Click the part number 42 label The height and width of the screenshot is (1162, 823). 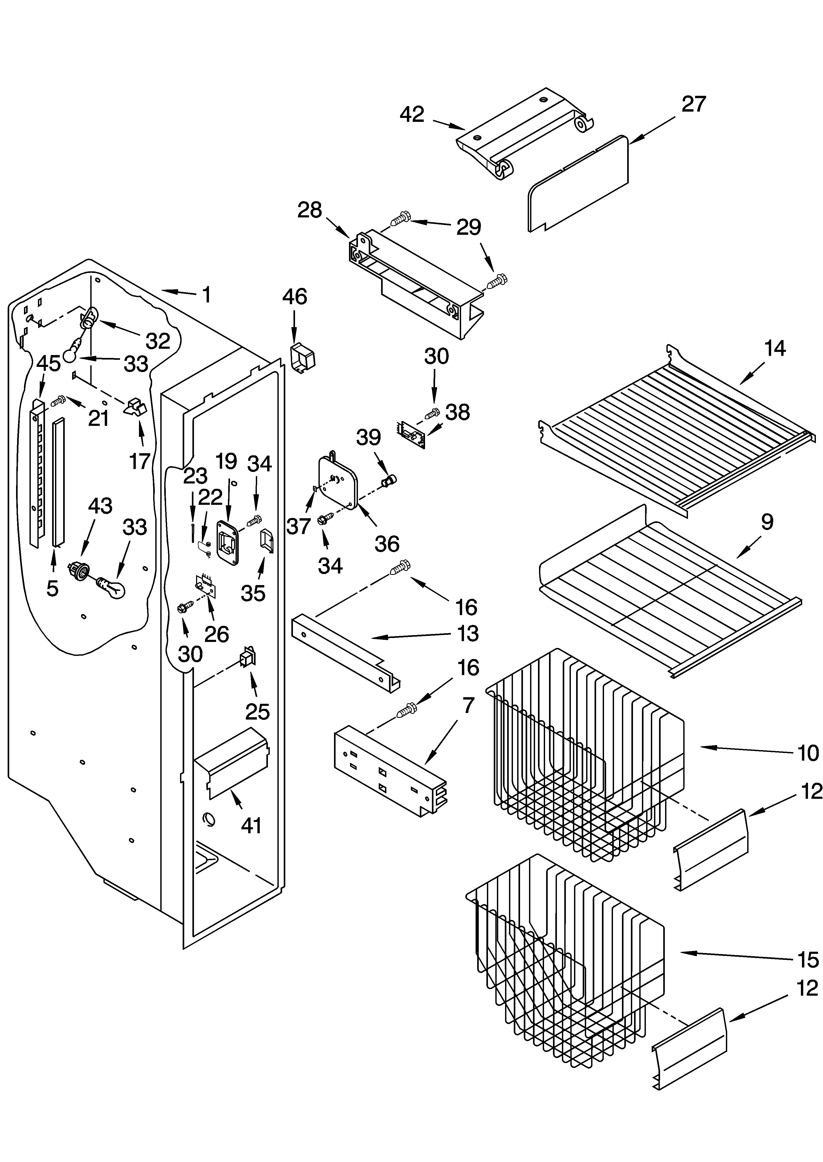[x=412, y=114]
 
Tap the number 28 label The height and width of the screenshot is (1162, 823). [x=309, y=210]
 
